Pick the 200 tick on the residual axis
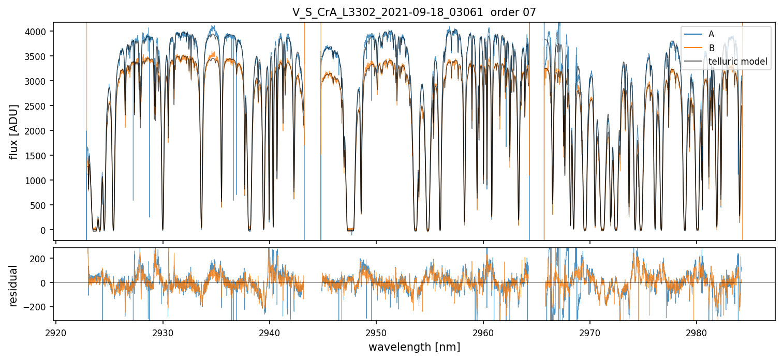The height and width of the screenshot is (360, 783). (41, 258)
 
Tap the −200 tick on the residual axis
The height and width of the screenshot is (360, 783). (38, 307)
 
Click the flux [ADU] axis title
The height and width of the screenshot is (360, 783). (14, 131)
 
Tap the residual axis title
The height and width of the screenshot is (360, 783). (14, 286)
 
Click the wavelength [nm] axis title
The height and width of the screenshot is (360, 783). (414, 347)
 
